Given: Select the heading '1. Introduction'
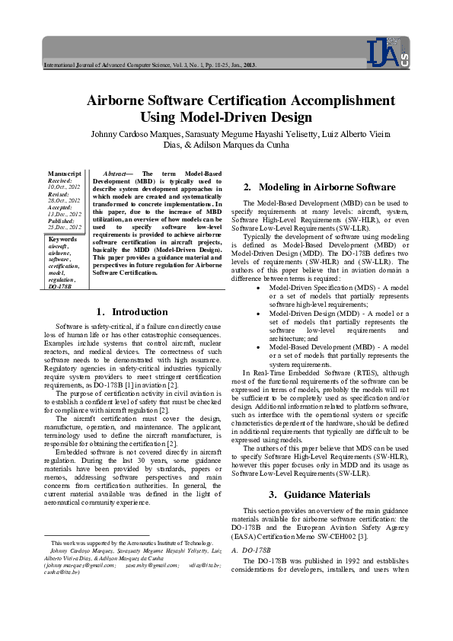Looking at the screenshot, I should (x=132, y=311).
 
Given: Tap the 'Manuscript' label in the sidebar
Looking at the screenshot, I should (x=65, y=174).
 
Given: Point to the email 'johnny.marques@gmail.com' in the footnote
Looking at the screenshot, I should (x=81, y=565).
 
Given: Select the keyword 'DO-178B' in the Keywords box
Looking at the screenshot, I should (x=60, y=288).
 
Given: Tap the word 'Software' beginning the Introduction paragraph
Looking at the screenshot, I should (x=71, y=326).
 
